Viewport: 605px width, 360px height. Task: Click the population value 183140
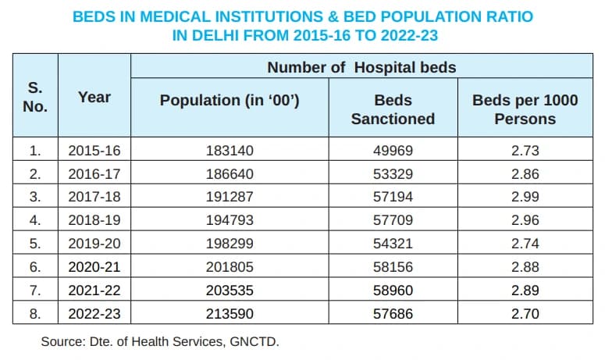click(230, 151)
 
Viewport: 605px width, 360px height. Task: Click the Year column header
click(94, 98)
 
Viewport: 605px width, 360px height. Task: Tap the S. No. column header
click(35, 98)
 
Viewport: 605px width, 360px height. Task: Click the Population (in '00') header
click(230, 100)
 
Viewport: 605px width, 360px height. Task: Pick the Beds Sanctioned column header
click(393, 109)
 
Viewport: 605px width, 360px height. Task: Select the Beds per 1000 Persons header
click(525, 109)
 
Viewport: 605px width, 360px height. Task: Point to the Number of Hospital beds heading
click(361, 67)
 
